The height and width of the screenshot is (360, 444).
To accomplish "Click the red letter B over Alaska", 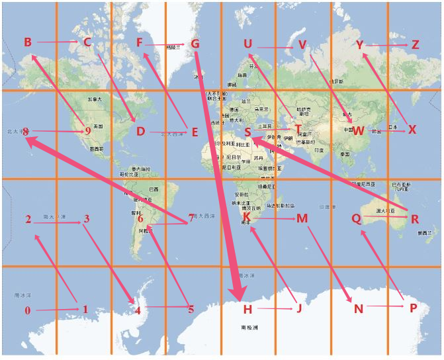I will click(x=28, y=42).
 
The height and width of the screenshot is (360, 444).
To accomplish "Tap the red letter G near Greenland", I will click(x=195, y=44).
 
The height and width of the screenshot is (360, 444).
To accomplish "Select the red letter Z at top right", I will click(x=415, y=45).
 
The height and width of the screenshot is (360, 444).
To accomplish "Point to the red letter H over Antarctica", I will click(x=247, y=309).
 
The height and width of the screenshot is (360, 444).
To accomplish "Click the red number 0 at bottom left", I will click(x=27, y=310).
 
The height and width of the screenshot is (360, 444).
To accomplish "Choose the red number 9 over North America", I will click(x=87, y=131).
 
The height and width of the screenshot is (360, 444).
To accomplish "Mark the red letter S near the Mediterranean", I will click(x=247, y=132).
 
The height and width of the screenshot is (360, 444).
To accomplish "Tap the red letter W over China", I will click(x=358, y=130).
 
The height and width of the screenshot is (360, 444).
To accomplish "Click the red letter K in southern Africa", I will click(x=247, y=217).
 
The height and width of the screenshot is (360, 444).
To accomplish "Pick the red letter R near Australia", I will click(x=415, y=219).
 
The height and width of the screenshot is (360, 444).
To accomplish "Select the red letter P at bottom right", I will click(x=414, y=308).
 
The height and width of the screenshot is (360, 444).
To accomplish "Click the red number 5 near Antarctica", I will click(x=191, y=309).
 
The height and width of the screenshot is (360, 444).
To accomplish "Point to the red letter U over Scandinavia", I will click(x=247, y=44).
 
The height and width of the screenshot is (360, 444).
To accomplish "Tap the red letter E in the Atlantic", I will click(x=195, y=132).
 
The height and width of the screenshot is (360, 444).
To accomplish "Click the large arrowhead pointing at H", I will click(x=238, y=291).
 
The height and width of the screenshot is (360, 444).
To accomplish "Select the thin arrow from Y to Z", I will click(x=387, y=45).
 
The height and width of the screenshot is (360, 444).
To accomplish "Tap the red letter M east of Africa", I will click(x=302, y=218).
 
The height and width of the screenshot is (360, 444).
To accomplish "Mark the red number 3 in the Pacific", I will click(x=86, y=219).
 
